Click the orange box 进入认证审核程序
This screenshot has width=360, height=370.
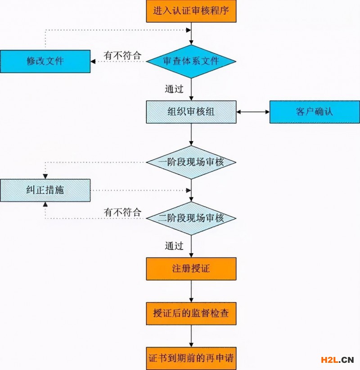(191, 11)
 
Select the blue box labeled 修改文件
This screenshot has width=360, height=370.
(45, 61)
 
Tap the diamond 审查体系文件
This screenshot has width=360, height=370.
(191, 61)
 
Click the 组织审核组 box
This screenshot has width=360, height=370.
(191, 111)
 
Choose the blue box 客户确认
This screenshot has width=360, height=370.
(315, 111)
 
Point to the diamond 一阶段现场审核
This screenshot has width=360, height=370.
(191, 162)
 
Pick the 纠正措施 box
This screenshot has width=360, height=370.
(45, 190)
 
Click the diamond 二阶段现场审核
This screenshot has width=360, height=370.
(191, 218)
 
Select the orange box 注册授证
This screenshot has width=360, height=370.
(191, 269)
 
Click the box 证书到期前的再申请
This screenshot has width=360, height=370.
(191, 358)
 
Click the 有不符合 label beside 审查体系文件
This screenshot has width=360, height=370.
(122, 55)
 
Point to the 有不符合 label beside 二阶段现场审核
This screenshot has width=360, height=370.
(122, 212)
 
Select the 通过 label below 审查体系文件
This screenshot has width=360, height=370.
(174, 89)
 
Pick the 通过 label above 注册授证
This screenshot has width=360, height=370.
(174, 246)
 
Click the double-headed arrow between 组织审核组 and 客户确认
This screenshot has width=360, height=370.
(253, 111)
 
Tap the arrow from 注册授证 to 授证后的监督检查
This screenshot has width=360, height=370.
(191, 291)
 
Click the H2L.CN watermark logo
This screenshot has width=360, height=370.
(337, 360)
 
